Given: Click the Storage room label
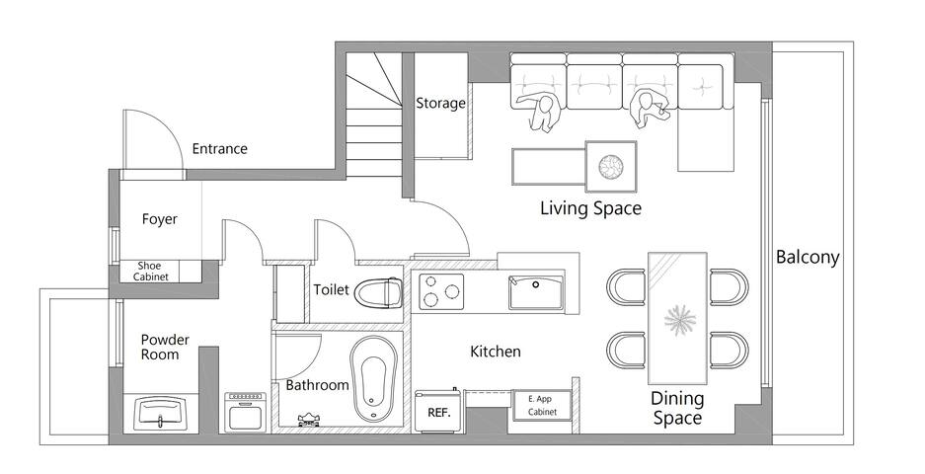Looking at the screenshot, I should [x=440, y=104].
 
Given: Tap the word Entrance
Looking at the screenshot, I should [x=219, y=149].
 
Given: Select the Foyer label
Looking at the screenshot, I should [x=159, y=219].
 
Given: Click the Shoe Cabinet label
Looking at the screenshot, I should [x=149, y=272].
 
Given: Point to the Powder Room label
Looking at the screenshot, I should [x=165, y=347].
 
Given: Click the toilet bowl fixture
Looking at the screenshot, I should [x=378, y=294].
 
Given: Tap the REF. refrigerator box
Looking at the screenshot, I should [x=437, y=412].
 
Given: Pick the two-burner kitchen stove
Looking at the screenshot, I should [x=442, y=291].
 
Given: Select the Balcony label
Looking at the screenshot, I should [x=808, y=258].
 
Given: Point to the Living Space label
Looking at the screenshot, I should [x=590, y=208].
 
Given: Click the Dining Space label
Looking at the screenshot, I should [x=677, y=408].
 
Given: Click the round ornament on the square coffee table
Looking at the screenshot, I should [x=611, y=166].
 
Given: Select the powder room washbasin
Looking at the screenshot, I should [x=160, y=412].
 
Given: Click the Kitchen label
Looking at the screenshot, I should [x=495, y=352].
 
